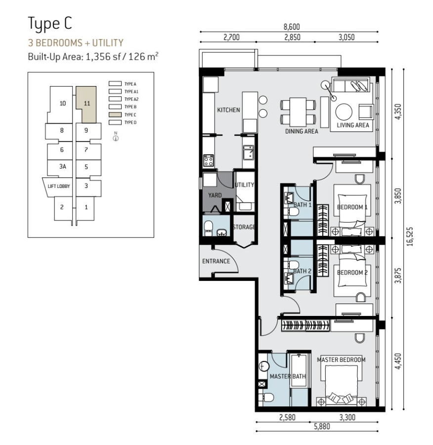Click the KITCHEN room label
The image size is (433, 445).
[228, 110]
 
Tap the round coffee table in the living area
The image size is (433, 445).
[344, 112]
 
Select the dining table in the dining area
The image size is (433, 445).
[298, 112]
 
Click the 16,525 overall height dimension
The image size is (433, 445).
[410, 236]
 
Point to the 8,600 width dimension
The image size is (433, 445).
[292, 27]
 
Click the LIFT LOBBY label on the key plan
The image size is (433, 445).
[59, 186]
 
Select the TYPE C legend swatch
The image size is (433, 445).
[115, 115]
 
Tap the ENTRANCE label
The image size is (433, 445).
[216, 261]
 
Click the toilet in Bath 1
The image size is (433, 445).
[292, 212]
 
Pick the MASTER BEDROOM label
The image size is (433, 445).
[341, 360]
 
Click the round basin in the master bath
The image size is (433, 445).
[264, 366]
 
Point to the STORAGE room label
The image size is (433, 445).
[244, 227]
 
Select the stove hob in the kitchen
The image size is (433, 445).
[208, 161]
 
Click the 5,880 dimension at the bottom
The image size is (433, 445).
[322, 426]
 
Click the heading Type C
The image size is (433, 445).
[50, 24]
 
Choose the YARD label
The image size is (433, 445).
[215, 195]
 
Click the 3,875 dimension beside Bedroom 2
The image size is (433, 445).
[398, 275]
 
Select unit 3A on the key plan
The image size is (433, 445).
[62, 167]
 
